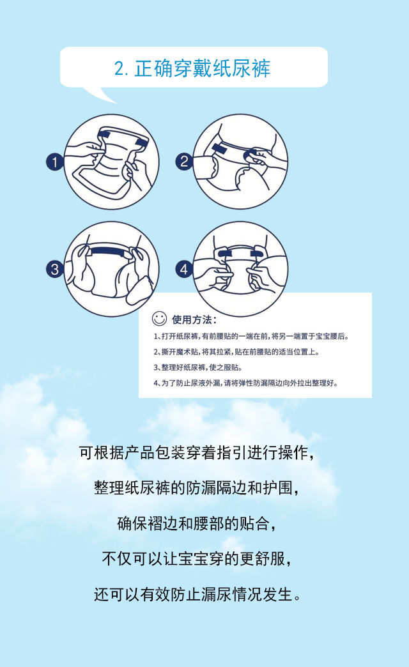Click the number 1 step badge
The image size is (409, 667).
[54, 162]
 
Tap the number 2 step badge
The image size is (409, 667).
[184, 162]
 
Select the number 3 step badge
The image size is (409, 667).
[54, 269]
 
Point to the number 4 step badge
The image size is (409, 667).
[184, 269]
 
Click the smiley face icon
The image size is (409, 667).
[159, 319]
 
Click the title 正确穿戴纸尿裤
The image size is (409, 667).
[202, 68]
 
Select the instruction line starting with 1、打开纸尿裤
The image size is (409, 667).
[251, 337]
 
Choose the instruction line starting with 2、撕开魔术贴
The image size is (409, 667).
[236, 352]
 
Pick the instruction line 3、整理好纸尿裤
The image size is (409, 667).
[198, 367]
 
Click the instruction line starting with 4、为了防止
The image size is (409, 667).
[246, 383]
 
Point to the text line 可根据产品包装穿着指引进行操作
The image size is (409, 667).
[197, 453]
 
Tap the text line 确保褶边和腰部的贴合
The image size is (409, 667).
[197, 524]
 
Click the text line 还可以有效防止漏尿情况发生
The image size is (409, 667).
[197, 594]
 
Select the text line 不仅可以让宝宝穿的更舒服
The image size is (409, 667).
[197, 559]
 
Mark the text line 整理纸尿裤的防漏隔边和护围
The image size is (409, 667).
[197, 488]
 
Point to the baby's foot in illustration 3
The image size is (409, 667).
[141, 290]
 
